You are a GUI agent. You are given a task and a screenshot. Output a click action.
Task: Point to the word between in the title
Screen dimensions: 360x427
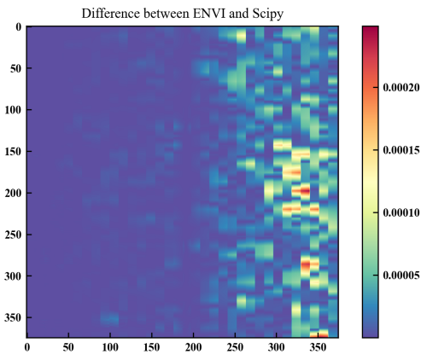[169, 13]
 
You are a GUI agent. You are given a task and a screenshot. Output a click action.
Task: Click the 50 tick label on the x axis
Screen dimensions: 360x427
[69, 348]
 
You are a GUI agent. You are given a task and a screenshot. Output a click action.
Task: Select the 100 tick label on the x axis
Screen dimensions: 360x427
[111, 348]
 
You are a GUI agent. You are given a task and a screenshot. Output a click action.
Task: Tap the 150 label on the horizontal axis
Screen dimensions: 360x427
[152, 348]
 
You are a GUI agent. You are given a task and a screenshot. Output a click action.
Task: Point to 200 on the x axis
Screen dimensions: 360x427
[194, 348]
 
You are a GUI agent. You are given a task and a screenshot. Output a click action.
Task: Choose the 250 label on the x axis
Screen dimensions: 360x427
[236, 348]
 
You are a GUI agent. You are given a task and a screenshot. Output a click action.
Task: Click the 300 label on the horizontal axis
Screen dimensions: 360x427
[277, 348]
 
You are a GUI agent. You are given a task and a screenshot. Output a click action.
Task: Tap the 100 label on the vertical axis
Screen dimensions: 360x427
[13, 109]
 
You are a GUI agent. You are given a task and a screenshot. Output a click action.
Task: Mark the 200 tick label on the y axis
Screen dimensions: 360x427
[13, 193]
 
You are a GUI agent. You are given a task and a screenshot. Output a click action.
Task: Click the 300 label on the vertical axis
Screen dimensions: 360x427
[13, 276]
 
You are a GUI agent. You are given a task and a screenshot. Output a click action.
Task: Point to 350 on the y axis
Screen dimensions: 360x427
[13, 317]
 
